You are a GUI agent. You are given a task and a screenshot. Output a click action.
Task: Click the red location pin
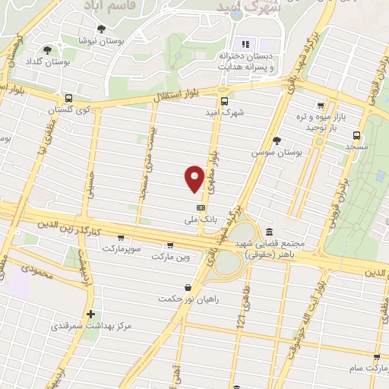pyautogui.click(x=194, y=179)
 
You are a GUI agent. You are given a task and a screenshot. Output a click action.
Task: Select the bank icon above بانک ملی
pyautogui.click(x=201, y=207)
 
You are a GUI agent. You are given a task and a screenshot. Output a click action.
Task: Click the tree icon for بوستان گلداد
pyautogui.click(x=48, y=50)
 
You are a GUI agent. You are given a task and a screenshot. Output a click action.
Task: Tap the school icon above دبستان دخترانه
pyautogui.click(x=245, y=43)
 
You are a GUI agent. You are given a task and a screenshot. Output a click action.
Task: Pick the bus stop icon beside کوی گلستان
pyautogui.click(x=69, y=99)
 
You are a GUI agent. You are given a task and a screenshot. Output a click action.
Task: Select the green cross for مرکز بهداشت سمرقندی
pyautogui.click(x=90, y=314)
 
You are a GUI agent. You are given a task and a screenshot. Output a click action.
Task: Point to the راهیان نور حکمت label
pyautogui.click(x=182, y=298)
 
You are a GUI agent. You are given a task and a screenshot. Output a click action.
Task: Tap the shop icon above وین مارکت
pyautogui.click(x=169, y=245)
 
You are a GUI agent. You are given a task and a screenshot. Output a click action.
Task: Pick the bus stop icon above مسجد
pyautogui.click(x=356, y=132)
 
